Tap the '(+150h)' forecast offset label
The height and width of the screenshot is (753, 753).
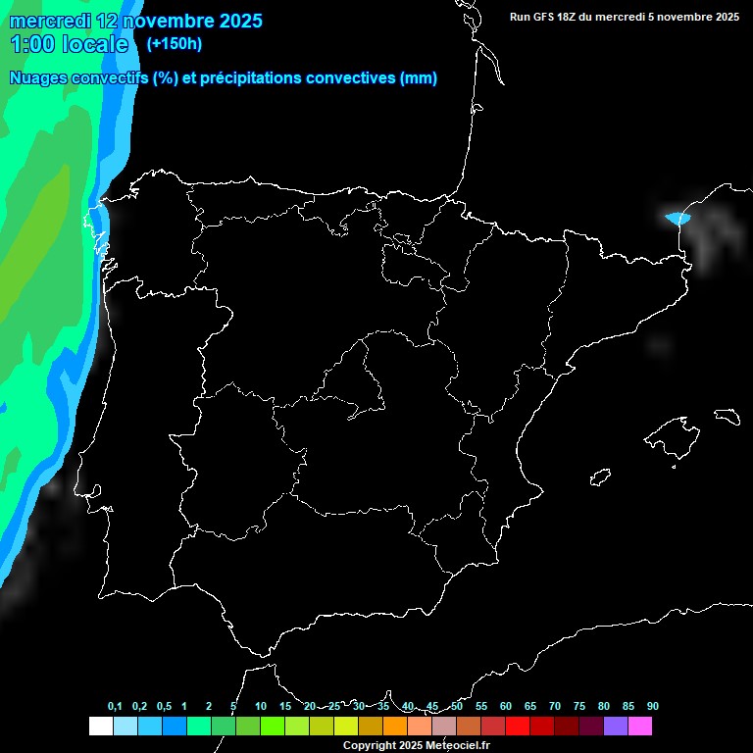[175, 43]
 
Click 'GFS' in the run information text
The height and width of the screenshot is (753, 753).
[549, 17]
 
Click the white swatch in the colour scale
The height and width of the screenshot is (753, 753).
[100, 727]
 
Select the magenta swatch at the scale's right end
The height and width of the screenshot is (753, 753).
[640, 727]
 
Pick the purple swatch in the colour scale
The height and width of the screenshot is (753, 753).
[616, 727]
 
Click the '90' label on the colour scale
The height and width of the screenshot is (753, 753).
[653, 707]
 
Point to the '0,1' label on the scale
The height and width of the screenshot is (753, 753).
[115, 707]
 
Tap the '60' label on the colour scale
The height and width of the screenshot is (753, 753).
[506, 707]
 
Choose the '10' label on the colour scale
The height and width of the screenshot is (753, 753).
[261, 707]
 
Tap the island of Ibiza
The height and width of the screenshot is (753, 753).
[601, 477]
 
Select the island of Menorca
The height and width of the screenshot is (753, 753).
[728, 416]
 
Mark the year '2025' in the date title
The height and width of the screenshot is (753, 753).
[233, 21]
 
